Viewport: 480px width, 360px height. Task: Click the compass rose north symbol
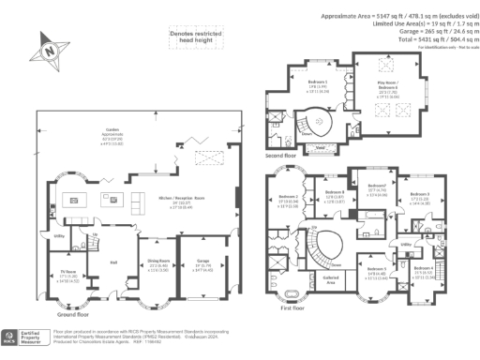pyautogui.click(x=49, y=48)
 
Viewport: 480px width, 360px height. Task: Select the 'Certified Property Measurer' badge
pyautogui.click(x=22, y=336)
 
